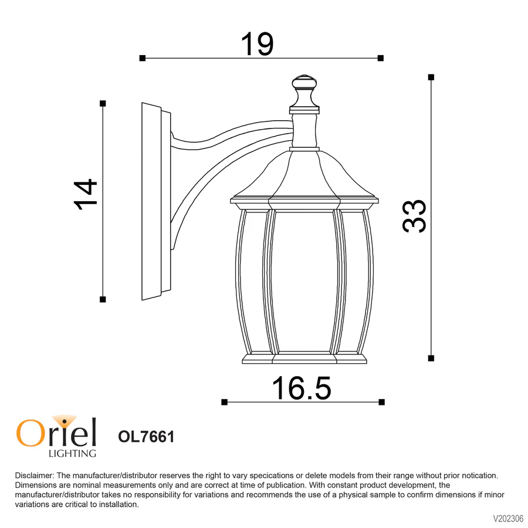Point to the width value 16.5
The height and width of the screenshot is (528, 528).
(x=302, y=388)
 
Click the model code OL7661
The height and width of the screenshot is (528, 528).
(x=146, y=437)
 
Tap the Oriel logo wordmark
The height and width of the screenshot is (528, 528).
(x=56, y=433)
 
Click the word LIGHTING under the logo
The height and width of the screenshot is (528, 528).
(x=72, y=453)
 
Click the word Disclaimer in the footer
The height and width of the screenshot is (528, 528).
(x=34, y=475)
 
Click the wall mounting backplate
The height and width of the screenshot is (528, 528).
(x=154, y=202)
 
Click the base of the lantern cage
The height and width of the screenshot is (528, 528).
(x=304, y=357)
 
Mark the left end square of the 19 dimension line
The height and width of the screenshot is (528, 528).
(x=142, y=58)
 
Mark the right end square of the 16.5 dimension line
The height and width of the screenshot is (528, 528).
(x=382, y=402)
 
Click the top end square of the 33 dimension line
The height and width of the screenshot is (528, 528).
(x=431, y=77)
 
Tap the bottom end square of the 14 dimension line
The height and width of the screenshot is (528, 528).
(x=103, y=299)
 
